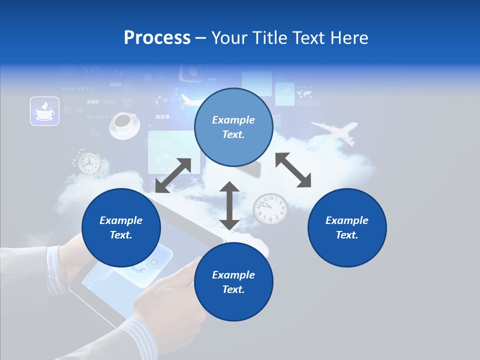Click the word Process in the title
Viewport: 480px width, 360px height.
click(157, 38)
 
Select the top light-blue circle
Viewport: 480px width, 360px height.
click(233, 127)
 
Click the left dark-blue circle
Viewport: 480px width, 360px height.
click(121, 227)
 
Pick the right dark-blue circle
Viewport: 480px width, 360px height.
click(347, 227)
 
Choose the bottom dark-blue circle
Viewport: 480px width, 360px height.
click(233, 282)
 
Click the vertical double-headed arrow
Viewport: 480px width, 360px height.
click(229, 205)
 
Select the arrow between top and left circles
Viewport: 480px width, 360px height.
click(173, 175)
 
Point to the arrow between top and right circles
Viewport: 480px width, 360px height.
click(293, 170)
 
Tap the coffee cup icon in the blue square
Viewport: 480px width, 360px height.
click(44, 111)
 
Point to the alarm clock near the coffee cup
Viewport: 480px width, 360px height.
click(88, 161)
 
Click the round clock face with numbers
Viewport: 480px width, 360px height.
click(270, 208)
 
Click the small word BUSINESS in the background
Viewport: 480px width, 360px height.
click(77, 88)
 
